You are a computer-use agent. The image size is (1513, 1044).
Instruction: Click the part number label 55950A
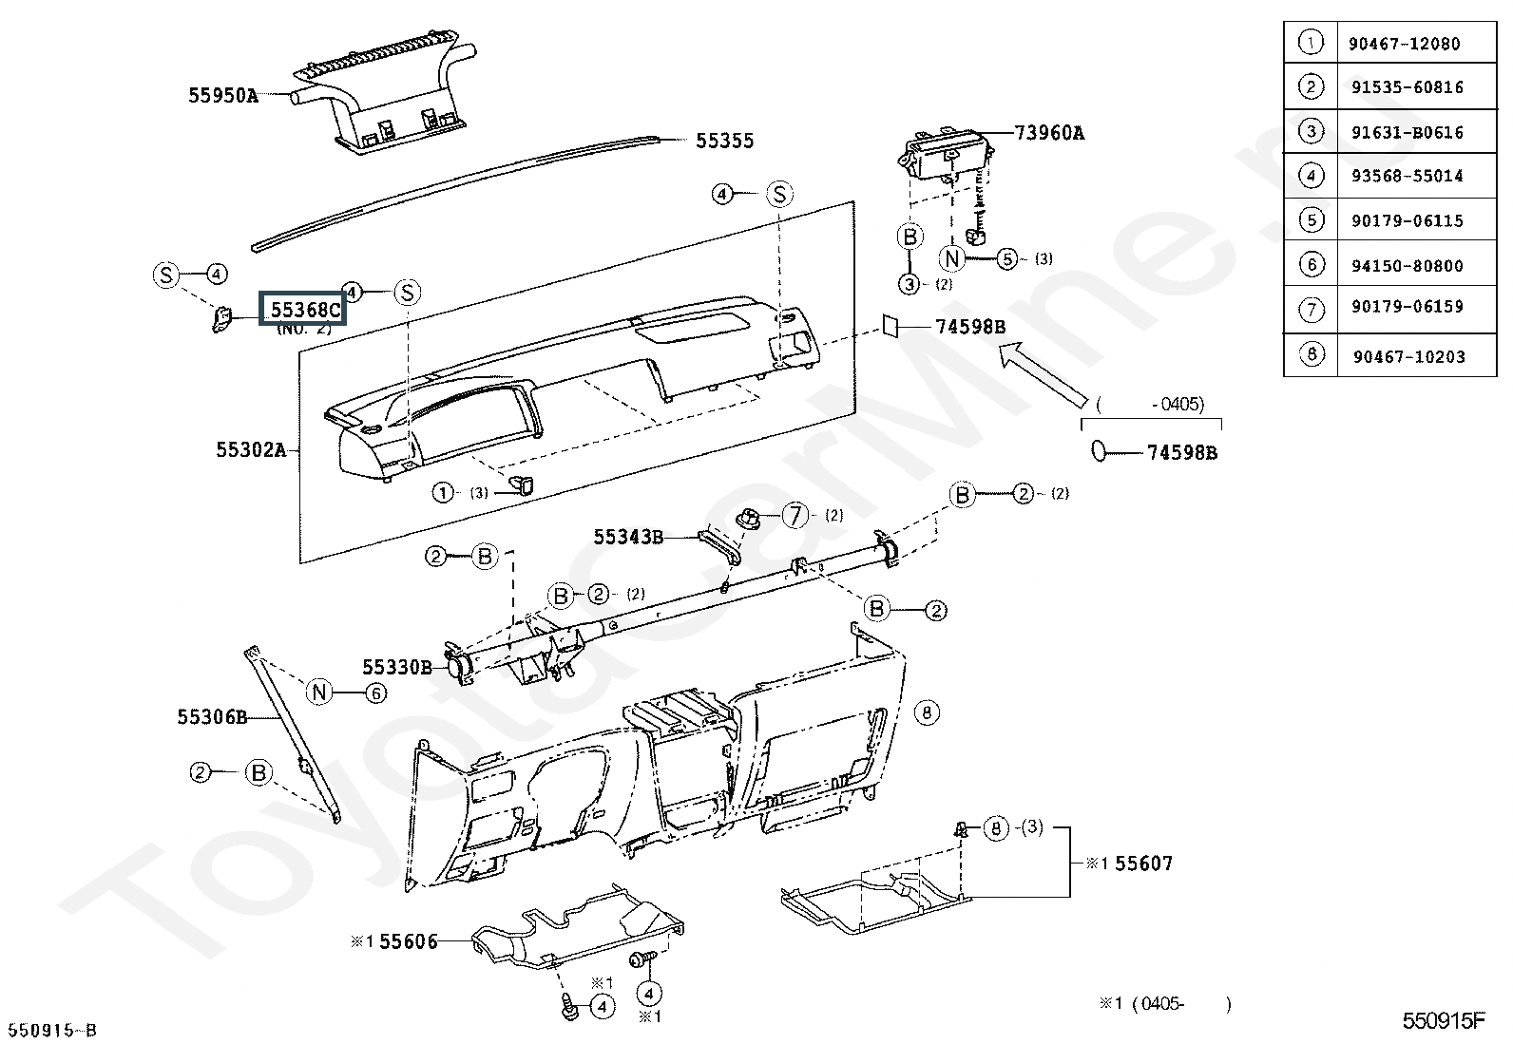(223, 95)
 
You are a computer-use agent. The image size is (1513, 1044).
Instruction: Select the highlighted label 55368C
(304, 309)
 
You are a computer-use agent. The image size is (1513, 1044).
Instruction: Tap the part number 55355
(724, 141)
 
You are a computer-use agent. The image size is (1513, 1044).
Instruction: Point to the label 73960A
(1049, 133)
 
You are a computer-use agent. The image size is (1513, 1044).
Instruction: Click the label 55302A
(251, 449)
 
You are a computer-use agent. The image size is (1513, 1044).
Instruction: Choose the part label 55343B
(628, 537)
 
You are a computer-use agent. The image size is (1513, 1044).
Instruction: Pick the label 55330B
(397, 667)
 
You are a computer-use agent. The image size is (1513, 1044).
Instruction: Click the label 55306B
(212, 716)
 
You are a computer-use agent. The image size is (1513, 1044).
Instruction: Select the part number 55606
(409, 941)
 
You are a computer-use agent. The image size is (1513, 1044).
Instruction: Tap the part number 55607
(1143, 864)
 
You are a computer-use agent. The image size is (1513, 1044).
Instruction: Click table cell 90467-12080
(1404, 44)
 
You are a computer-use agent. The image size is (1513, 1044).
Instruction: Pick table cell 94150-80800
(1407, 266)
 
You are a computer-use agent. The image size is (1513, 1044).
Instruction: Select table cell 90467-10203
(1408, 357)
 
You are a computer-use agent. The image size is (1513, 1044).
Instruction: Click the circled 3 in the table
(1312, 131)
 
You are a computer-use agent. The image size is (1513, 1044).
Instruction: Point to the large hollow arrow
(1042, 374)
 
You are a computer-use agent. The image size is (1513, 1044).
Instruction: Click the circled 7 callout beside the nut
(795, 516)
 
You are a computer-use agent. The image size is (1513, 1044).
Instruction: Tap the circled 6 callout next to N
(376, 693)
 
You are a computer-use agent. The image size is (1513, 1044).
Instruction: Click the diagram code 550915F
(1444, 1020)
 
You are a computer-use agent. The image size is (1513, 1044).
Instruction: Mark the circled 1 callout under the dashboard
(443, 492)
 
